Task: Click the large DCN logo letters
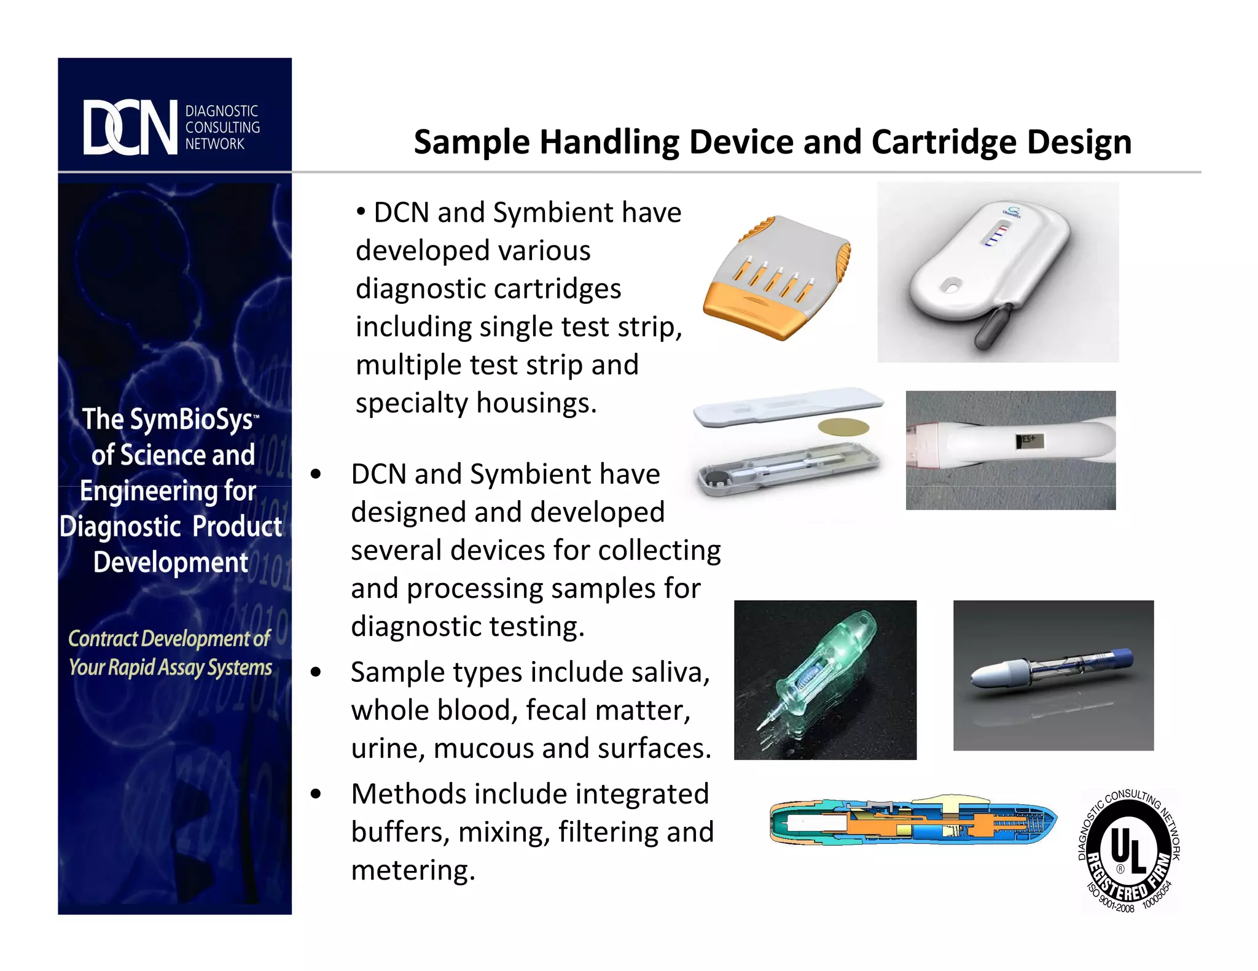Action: [x=130, y=128]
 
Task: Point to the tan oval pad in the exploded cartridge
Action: [x=843, y=427]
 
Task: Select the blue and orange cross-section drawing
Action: [x=913, y=821]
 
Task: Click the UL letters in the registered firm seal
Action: [x=1128, y=849]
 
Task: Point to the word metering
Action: [x=413, y=870]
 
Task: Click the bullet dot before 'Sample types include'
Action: [x=316, y=672]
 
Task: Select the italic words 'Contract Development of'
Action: [x=169, y=638]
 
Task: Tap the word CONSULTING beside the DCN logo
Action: [x=222, y=128]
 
